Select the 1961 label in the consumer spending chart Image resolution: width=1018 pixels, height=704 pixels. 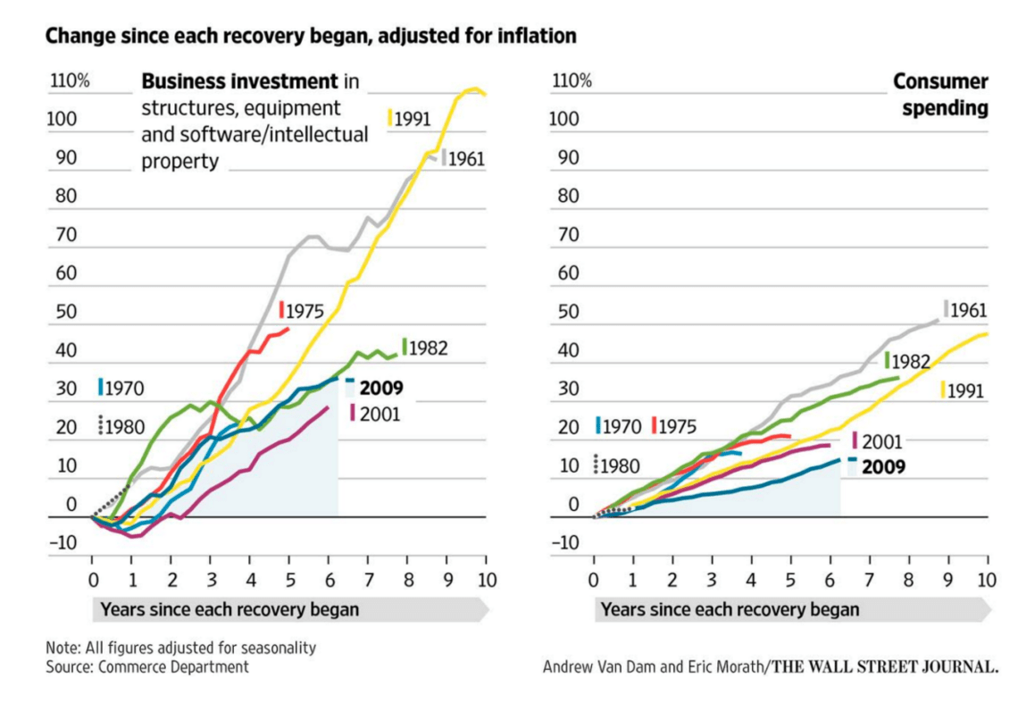pos(967,311)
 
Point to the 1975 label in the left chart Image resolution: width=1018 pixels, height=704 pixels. pos(305,311)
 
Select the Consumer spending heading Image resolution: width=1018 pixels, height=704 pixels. pos(941,95)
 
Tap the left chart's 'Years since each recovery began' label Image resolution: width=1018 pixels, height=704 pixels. pos(229,610)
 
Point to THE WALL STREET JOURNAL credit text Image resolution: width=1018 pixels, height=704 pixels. pos(886,666)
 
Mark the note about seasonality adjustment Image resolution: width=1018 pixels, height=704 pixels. pos(180,648)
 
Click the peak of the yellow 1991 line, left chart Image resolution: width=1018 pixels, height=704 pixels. pos(474,88)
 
